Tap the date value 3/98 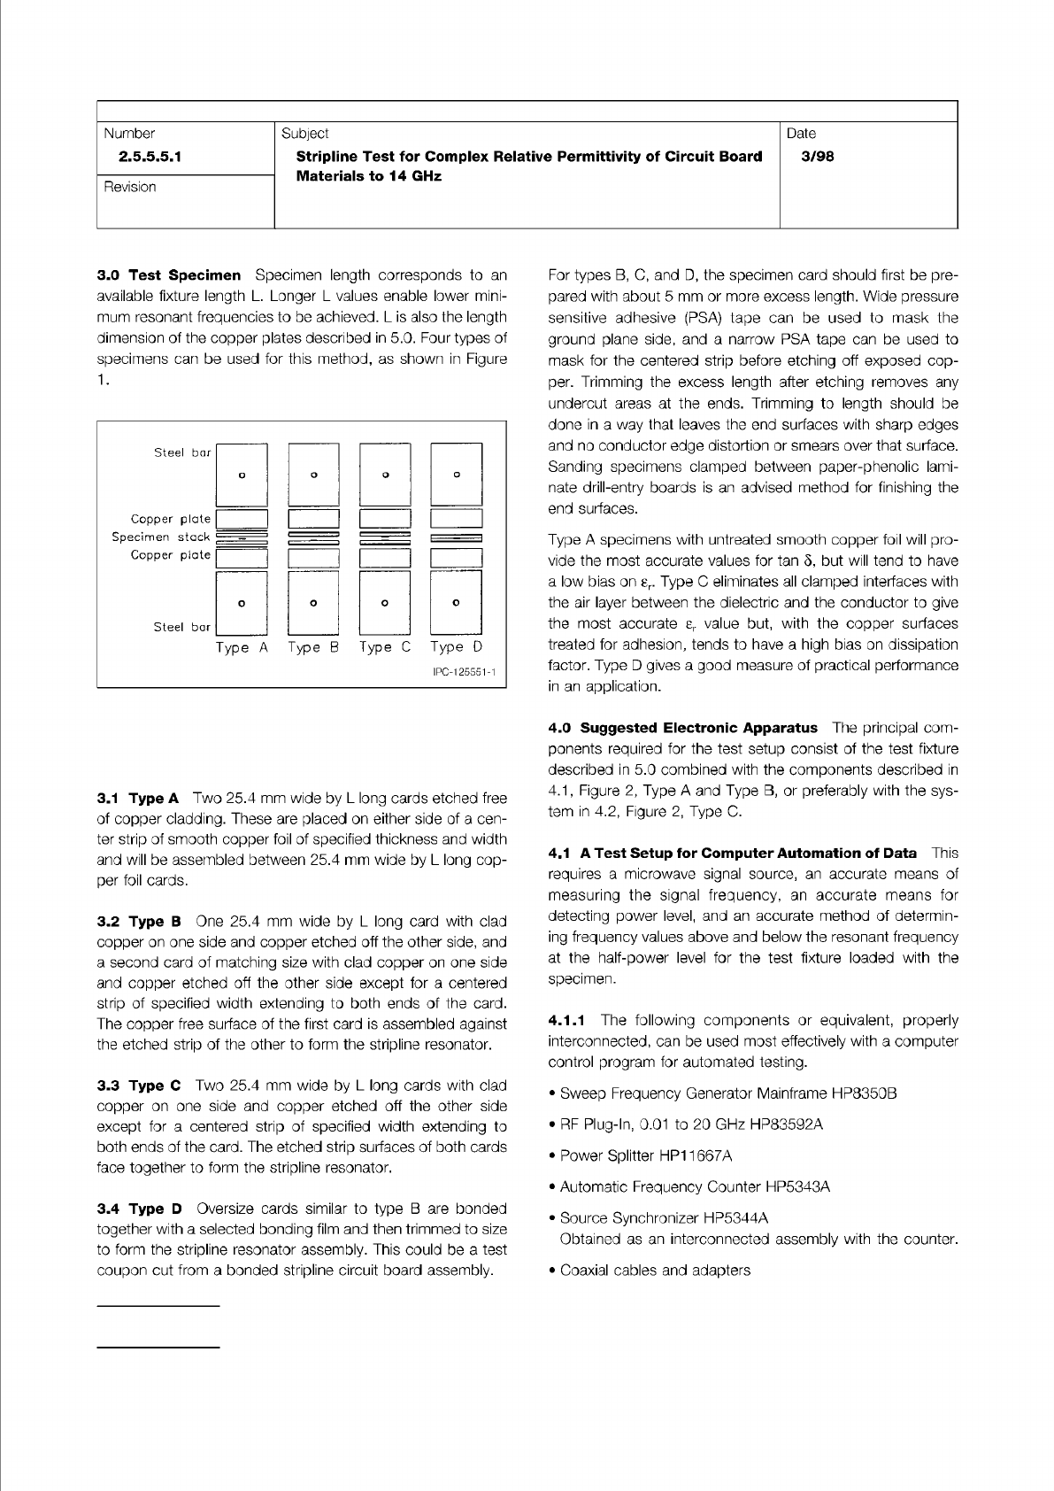(812, 157)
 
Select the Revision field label (130, 187)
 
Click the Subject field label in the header (304, 134)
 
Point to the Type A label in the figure (242, 647)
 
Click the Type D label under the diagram (457, 647)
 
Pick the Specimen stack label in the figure (161, 537)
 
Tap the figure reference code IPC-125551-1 (464, 673)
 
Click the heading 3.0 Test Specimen (168, 274)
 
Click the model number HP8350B (865, 1093)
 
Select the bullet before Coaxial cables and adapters (552, 1271)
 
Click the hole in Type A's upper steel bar (242, 475)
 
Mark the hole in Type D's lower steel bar (456, 603)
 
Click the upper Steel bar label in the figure (182, 452)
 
